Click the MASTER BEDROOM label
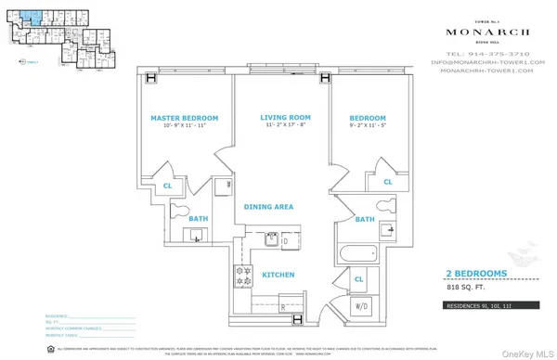click(184, 119)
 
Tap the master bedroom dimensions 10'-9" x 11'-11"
click(184, 129)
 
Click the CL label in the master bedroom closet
click(168, 186)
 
